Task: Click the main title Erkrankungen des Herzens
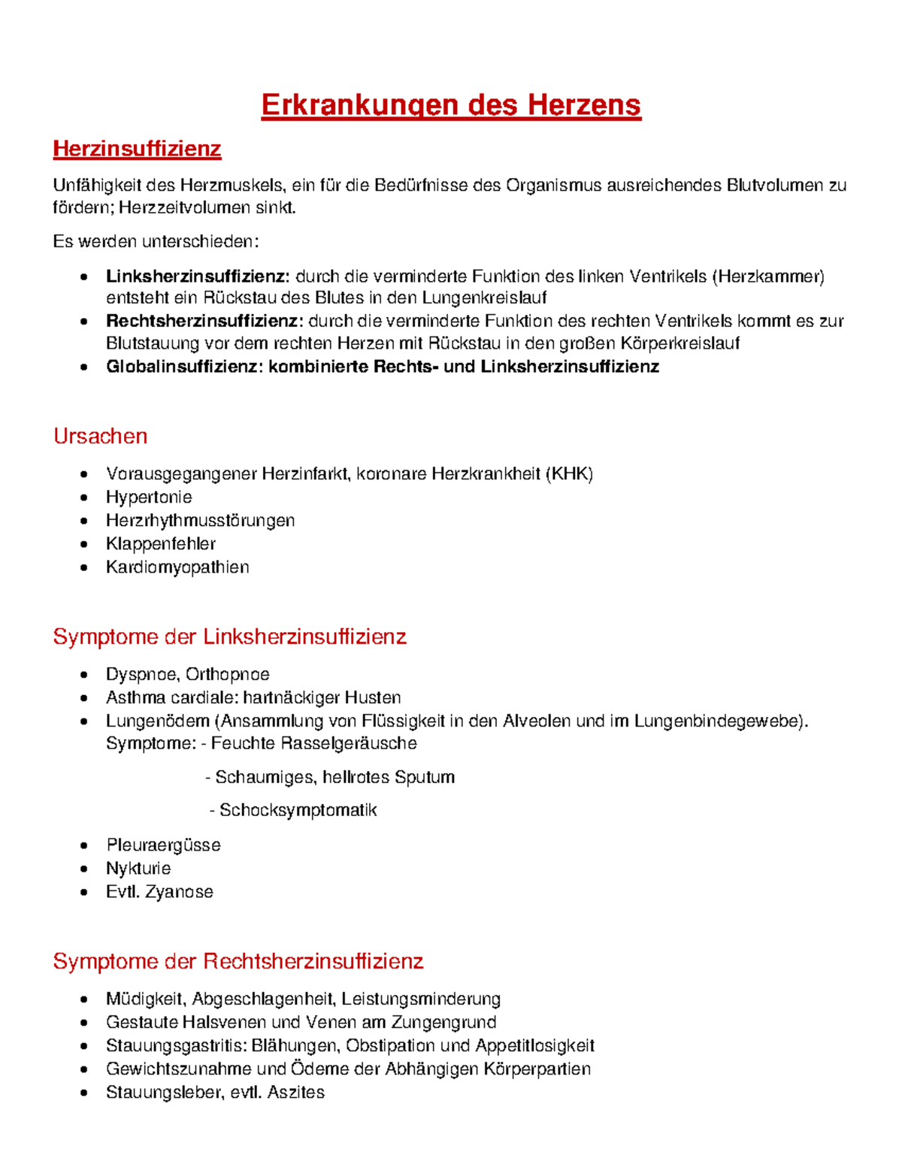(x=451, y=104)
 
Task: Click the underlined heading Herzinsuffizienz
(x=137, y=149)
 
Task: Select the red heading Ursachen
(x=100, y=436)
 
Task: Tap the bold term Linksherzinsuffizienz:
(x=197, y=277)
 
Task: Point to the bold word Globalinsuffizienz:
(x=184, y=367)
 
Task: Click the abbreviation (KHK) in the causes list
(x=570, y=474)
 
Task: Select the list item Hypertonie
(x=149, y=497)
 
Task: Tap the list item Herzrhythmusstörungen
(x=200, y=521)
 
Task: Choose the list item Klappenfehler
(x=161, y=544)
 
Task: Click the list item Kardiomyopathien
(x=177, y=567)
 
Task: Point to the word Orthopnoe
(x=227, y=675)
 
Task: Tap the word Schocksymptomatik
(x=298, y=810)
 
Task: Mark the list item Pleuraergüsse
(x=163, y=845)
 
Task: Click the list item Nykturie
(x=138, y=869)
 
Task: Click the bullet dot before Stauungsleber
(x=84, y=1093)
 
